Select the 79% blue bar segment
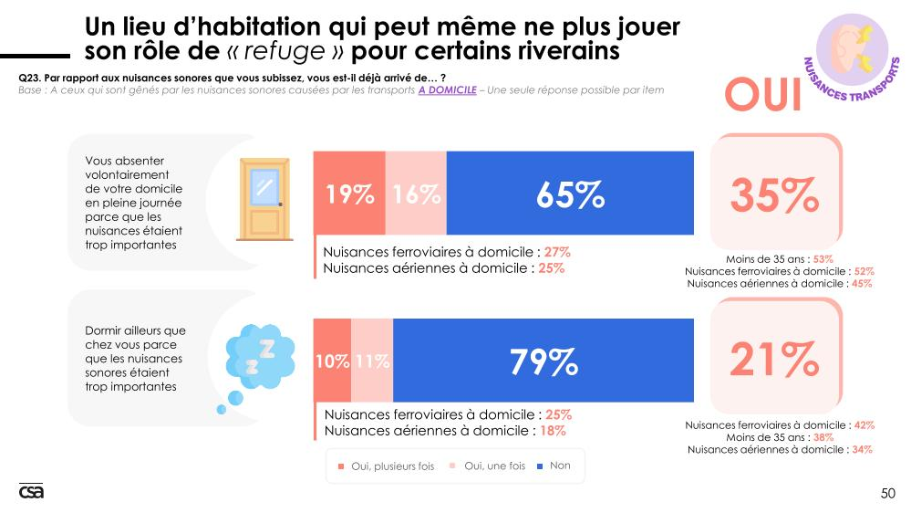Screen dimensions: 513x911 pos(543,361)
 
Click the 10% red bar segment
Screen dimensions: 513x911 pos(332,361)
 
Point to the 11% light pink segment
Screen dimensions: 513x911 pos(372,361)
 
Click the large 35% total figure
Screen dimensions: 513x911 pos(774,194)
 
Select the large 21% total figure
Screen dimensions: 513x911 pos(774,360)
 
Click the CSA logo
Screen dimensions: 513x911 pos(31,491)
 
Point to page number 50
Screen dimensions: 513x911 pos(887,494)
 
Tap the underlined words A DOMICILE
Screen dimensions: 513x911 pos(447,89)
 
